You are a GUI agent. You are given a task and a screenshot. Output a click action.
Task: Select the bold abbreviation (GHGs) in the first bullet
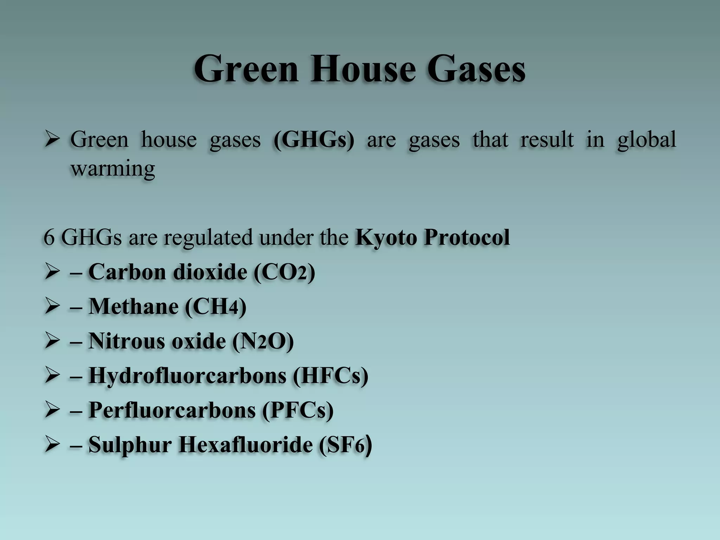tap(314, 140)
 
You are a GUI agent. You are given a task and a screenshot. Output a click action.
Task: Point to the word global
tap(647, 140)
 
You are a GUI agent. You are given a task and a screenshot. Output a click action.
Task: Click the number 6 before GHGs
tap(49, 237)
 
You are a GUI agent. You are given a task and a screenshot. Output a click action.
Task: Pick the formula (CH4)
tap(216, 307)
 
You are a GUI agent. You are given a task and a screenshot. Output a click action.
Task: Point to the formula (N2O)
tap(263, 341)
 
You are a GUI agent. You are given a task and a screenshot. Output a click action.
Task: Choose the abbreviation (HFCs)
tap(330, 375)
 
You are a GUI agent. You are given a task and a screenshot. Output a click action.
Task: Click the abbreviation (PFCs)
tap(297, 410)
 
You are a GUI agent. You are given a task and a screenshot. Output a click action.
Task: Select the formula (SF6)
tap(345, 445)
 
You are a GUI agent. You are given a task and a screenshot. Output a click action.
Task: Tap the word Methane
tap(134, 307)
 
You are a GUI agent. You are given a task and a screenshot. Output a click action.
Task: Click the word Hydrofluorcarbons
tap(187, 375)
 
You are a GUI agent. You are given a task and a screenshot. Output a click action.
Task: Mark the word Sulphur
tap(130, 445)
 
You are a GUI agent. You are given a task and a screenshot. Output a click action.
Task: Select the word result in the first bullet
tap(547, 140)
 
